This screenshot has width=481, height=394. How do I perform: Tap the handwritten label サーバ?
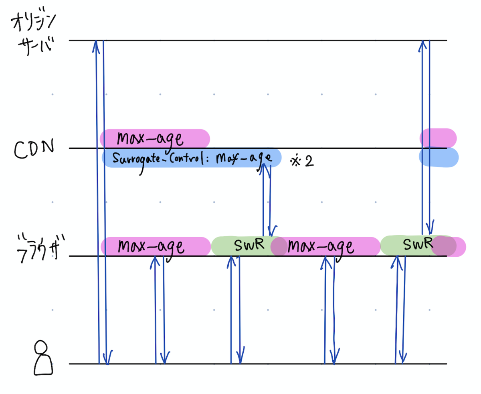pos(36,46)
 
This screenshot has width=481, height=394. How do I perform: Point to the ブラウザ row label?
pos(40,248)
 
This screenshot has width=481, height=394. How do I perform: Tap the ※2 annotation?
pos(302,161)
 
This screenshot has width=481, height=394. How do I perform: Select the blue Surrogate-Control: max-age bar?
pos(192,158)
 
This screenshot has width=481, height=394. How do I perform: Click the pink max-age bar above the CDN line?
pos(155,138)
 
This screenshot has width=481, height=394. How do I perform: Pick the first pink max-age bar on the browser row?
pos(156,246)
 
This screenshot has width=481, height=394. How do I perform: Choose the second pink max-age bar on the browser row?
pos(325,246)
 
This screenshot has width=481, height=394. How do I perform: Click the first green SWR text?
pos(249,244)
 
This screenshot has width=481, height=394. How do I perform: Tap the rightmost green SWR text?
pos(418,244)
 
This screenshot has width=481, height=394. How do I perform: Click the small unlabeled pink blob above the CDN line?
pos(438,138)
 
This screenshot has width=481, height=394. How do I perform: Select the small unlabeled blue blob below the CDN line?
pos(439,158)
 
